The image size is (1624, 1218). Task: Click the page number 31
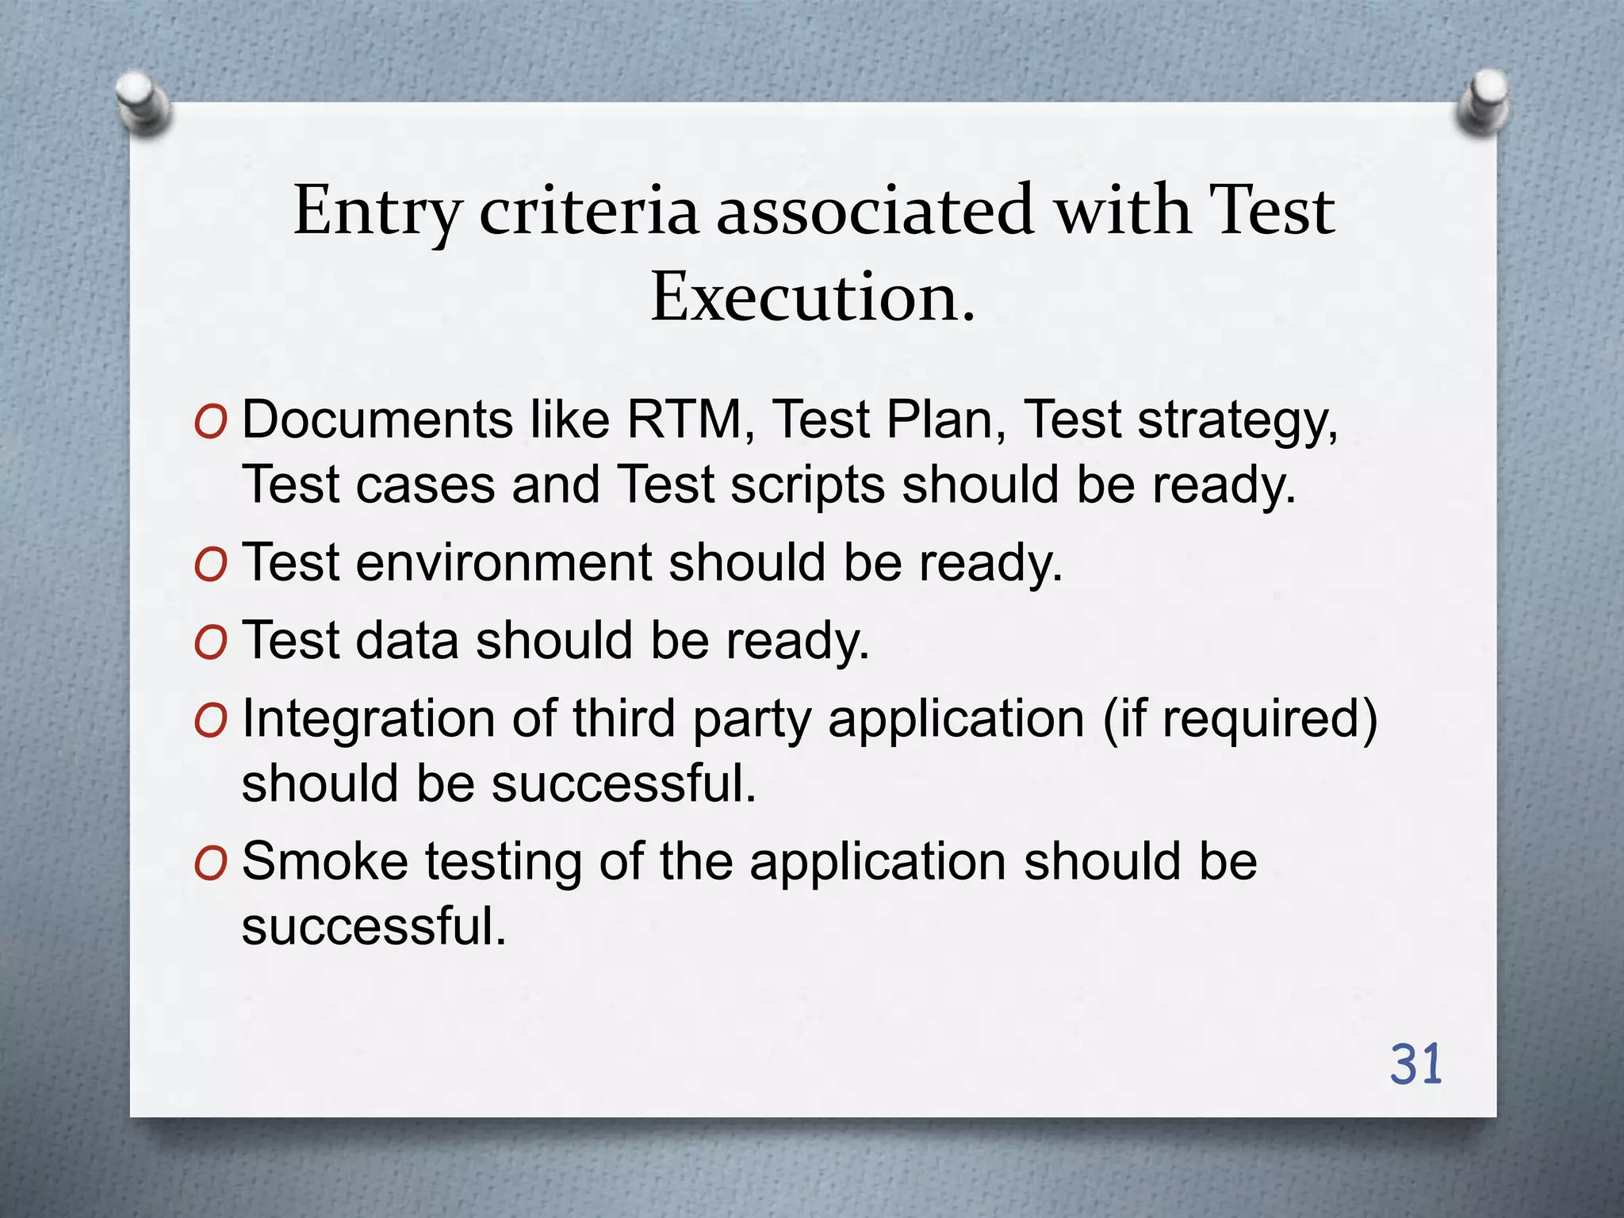(x=1415, y=1065)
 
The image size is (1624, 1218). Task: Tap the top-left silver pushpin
(x=142, y=102)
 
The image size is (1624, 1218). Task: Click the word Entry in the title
(x=377, y=211)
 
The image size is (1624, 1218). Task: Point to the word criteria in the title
(x=588, y=211)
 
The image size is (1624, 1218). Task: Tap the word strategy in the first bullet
(x=1238, y=420)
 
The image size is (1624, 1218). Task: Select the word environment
(x=504, y=562)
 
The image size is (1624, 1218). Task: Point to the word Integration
(x=369, y=719)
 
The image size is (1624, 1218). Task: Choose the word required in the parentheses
(x=1260, y=719)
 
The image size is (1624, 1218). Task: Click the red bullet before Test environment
(x=210, y=565)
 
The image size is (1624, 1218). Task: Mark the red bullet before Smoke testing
(x=210, y=864)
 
